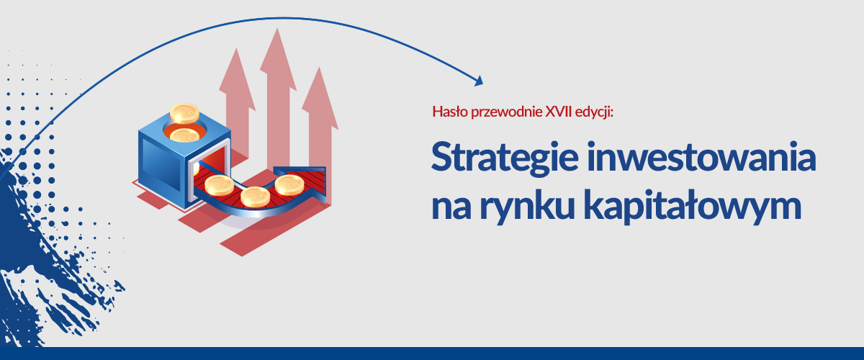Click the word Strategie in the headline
point(505,158)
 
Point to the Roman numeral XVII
point(559,112)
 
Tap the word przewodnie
point(506,112)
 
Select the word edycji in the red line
point(593,112)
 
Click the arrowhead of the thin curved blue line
point(479,81)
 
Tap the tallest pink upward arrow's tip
point(277,29)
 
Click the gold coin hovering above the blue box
point(185,113)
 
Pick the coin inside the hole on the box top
point(184,135)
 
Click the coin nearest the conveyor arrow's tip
point(289,184)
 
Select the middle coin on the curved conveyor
point(256,197)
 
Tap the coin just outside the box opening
point(219,185)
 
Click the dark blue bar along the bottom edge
point(432,354)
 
